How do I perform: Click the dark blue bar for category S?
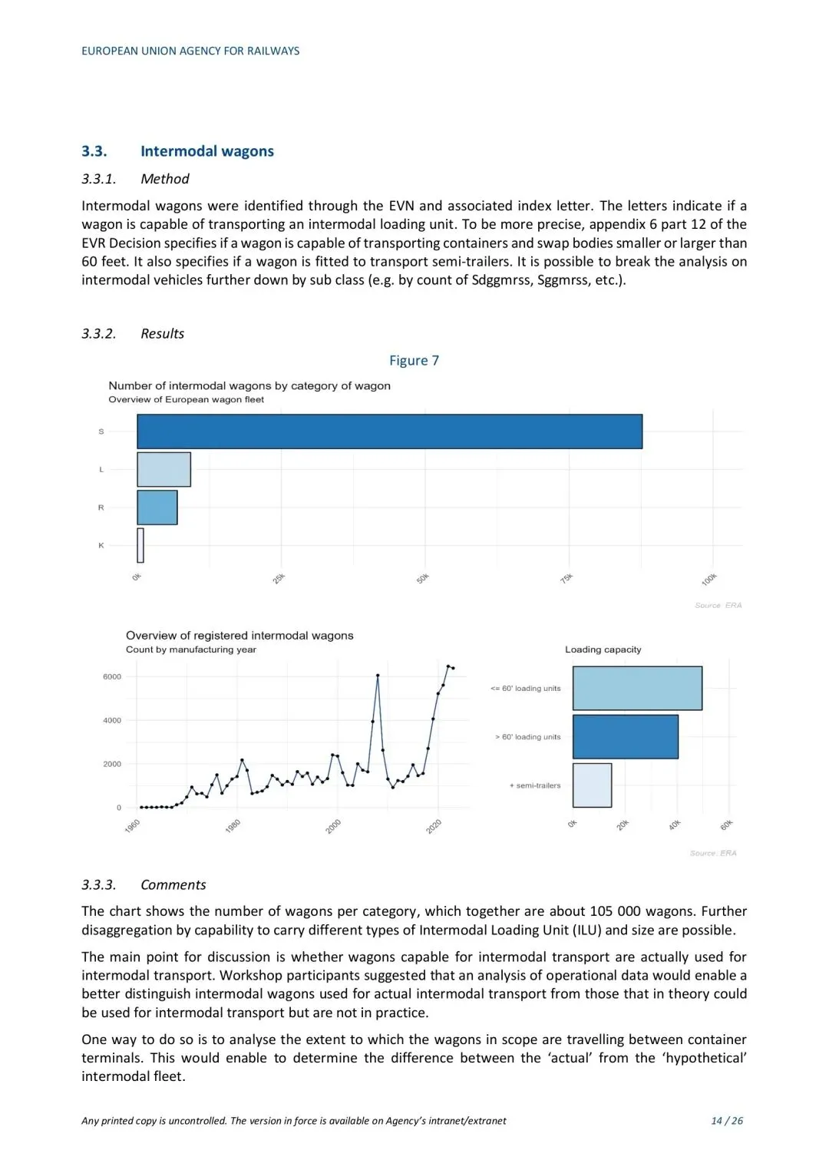[389, 431]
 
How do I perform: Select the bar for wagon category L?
[163, 469]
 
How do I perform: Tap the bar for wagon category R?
[157, 507]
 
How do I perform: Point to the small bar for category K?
[140, 545]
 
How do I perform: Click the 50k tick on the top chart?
[422, 578]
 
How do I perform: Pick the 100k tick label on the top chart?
[709, 580]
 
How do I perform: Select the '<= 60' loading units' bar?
[637, 688]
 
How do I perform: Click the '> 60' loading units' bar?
[625, 737]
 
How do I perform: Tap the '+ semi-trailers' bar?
[592, 785]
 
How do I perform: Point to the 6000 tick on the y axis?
[112, 676]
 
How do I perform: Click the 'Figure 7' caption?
[414, 361]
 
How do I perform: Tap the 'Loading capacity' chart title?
[603, 649]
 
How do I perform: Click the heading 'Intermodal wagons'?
[206, 151]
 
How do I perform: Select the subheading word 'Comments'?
[173, 885]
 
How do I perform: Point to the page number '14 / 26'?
[727, 1121]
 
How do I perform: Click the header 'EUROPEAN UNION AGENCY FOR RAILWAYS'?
[190, 51]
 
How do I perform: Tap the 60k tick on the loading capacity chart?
[727, 825]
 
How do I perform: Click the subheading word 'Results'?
[163, 334]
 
